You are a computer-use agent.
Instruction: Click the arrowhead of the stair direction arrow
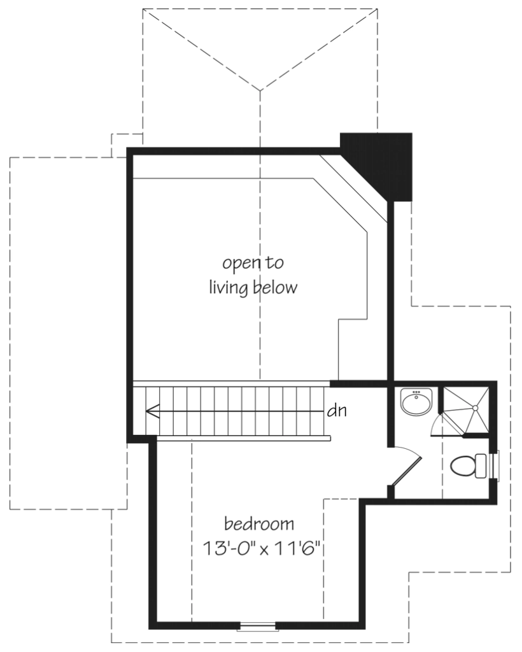point(152,411)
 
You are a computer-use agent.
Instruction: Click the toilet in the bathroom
point(467,466)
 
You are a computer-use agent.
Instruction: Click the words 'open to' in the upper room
point(253,262)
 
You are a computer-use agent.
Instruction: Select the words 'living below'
point(253,288)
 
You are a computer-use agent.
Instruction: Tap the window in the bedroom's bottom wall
point(257,627)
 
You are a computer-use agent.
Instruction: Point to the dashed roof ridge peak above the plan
point(259,89)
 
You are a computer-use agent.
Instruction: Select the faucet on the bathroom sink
point(417,393)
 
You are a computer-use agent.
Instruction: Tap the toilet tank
point(481,466)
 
